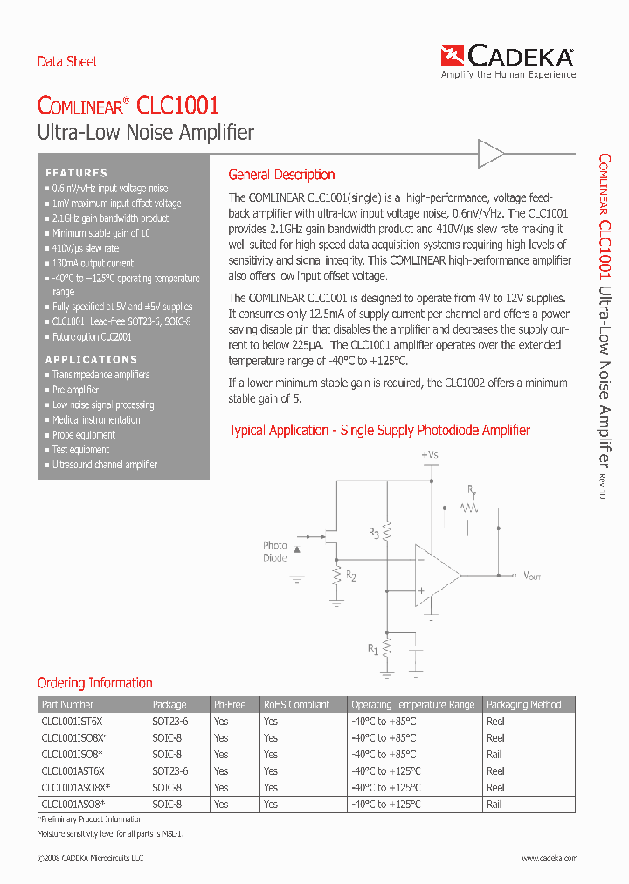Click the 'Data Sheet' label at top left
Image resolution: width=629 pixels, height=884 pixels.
point(67,61)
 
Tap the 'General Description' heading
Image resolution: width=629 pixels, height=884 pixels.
point(281,175)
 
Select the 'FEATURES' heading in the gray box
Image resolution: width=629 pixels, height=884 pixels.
point(77,173)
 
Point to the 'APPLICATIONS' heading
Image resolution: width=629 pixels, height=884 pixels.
point(92,359)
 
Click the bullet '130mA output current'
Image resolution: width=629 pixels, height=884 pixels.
point(93,263)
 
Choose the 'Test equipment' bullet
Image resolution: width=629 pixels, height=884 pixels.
point(80,450)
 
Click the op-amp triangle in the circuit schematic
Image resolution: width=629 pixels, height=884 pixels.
point(436,576)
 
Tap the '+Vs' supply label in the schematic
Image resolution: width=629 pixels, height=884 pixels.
point(430,455)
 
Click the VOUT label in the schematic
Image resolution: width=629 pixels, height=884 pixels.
point(532,576)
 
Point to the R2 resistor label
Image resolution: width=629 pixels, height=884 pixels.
point(351,576)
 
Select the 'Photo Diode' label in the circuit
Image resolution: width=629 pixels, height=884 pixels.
point(275,551)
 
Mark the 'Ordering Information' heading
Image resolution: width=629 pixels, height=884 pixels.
point(94,683)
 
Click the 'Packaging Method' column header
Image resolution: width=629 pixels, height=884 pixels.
point(524,705)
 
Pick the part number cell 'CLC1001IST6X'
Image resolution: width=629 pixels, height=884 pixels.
point(72,722)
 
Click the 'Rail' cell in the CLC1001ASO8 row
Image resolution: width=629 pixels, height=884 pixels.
point(494,805)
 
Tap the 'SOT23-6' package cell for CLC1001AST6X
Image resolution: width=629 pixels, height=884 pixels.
point(170,771)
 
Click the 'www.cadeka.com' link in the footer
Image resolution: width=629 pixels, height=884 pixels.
point(550,859)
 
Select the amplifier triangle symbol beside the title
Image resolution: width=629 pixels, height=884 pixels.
point(491,155)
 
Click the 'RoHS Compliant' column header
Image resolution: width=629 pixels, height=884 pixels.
point(297,705)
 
